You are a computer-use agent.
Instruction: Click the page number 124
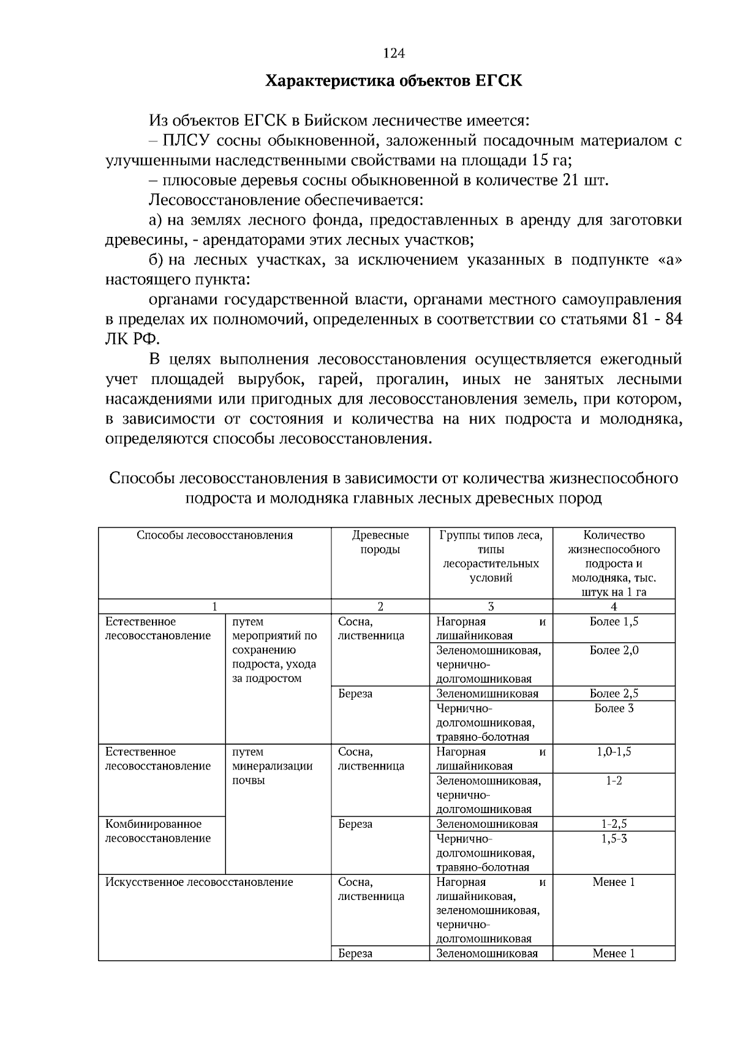coord(394,54)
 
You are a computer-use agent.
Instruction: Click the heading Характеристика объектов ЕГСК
coord(394,81)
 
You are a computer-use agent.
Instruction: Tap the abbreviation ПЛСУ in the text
coord(186,141)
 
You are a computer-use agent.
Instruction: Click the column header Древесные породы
coord(380,542)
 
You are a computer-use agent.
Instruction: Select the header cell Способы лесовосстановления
coord(214,536)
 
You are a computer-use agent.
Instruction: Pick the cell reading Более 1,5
coord(614,621)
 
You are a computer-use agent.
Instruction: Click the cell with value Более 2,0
coord(614,650)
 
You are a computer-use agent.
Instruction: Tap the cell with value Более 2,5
coord(614,694)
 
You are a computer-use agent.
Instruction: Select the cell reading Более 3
coord(614,708)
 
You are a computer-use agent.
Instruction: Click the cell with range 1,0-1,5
coord(614,752)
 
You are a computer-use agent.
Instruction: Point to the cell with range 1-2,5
coord(614,824)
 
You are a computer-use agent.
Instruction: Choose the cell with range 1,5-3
coord(614,838)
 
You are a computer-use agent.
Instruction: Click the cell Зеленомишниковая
coord(488,694)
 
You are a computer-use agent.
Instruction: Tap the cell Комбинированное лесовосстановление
coord(158,831)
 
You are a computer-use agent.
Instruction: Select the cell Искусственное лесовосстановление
coord(199,882)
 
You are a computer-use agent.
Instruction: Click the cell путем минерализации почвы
coord(273,766)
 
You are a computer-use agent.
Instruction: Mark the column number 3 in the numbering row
coord(491,607)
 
